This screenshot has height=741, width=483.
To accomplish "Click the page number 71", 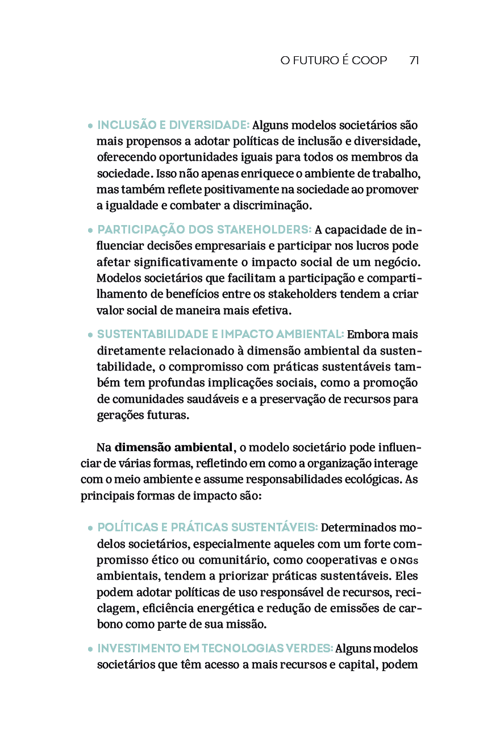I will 414,60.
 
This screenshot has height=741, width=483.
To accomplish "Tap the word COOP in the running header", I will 369,60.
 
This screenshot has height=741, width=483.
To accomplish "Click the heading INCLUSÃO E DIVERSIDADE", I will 173,125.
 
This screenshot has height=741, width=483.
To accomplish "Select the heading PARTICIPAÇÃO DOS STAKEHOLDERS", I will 204,230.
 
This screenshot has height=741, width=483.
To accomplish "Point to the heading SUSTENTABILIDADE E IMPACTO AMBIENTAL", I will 220,334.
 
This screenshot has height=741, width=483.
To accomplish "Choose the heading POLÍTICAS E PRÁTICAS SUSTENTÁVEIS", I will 207,527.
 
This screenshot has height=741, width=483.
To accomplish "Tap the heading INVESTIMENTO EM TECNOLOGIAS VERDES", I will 215,648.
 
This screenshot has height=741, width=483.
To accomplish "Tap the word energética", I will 226,608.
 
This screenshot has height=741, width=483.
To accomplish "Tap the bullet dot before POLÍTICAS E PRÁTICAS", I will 90,528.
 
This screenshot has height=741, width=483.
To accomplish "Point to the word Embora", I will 365,334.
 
